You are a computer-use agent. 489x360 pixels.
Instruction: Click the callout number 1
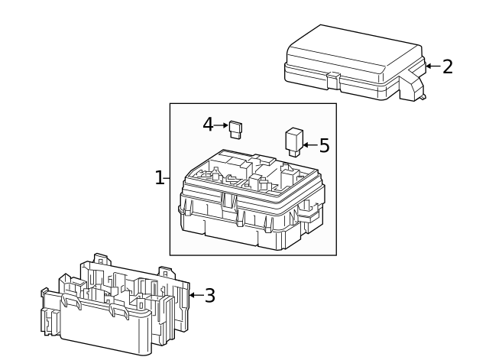(x=159, y=178)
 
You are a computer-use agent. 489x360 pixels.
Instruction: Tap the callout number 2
(x=447, y=66)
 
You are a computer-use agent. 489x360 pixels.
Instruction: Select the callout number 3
(x=209, y=295)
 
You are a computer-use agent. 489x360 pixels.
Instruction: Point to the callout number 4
(x=208, y=124)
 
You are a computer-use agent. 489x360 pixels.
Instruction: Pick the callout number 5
(x=324, y=145)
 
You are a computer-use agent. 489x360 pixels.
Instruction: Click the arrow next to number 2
(x=432, y=66)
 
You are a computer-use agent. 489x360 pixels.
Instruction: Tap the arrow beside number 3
(x=194, y=295)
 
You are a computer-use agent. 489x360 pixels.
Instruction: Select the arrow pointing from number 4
(x=222, y=124)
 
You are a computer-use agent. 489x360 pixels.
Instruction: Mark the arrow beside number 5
(x=309, y=144)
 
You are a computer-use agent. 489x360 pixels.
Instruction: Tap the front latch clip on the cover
(x=333, y=78)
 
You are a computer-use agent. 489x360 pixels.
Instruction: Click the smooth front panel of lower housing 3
(x=99, y=332)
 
